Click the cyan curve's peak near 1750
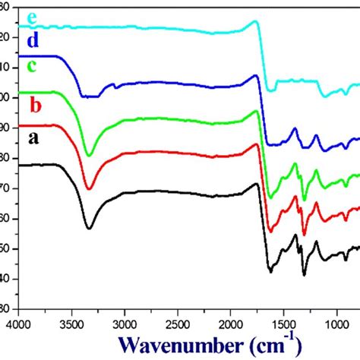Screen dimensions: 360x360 (x=255, y=21)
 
